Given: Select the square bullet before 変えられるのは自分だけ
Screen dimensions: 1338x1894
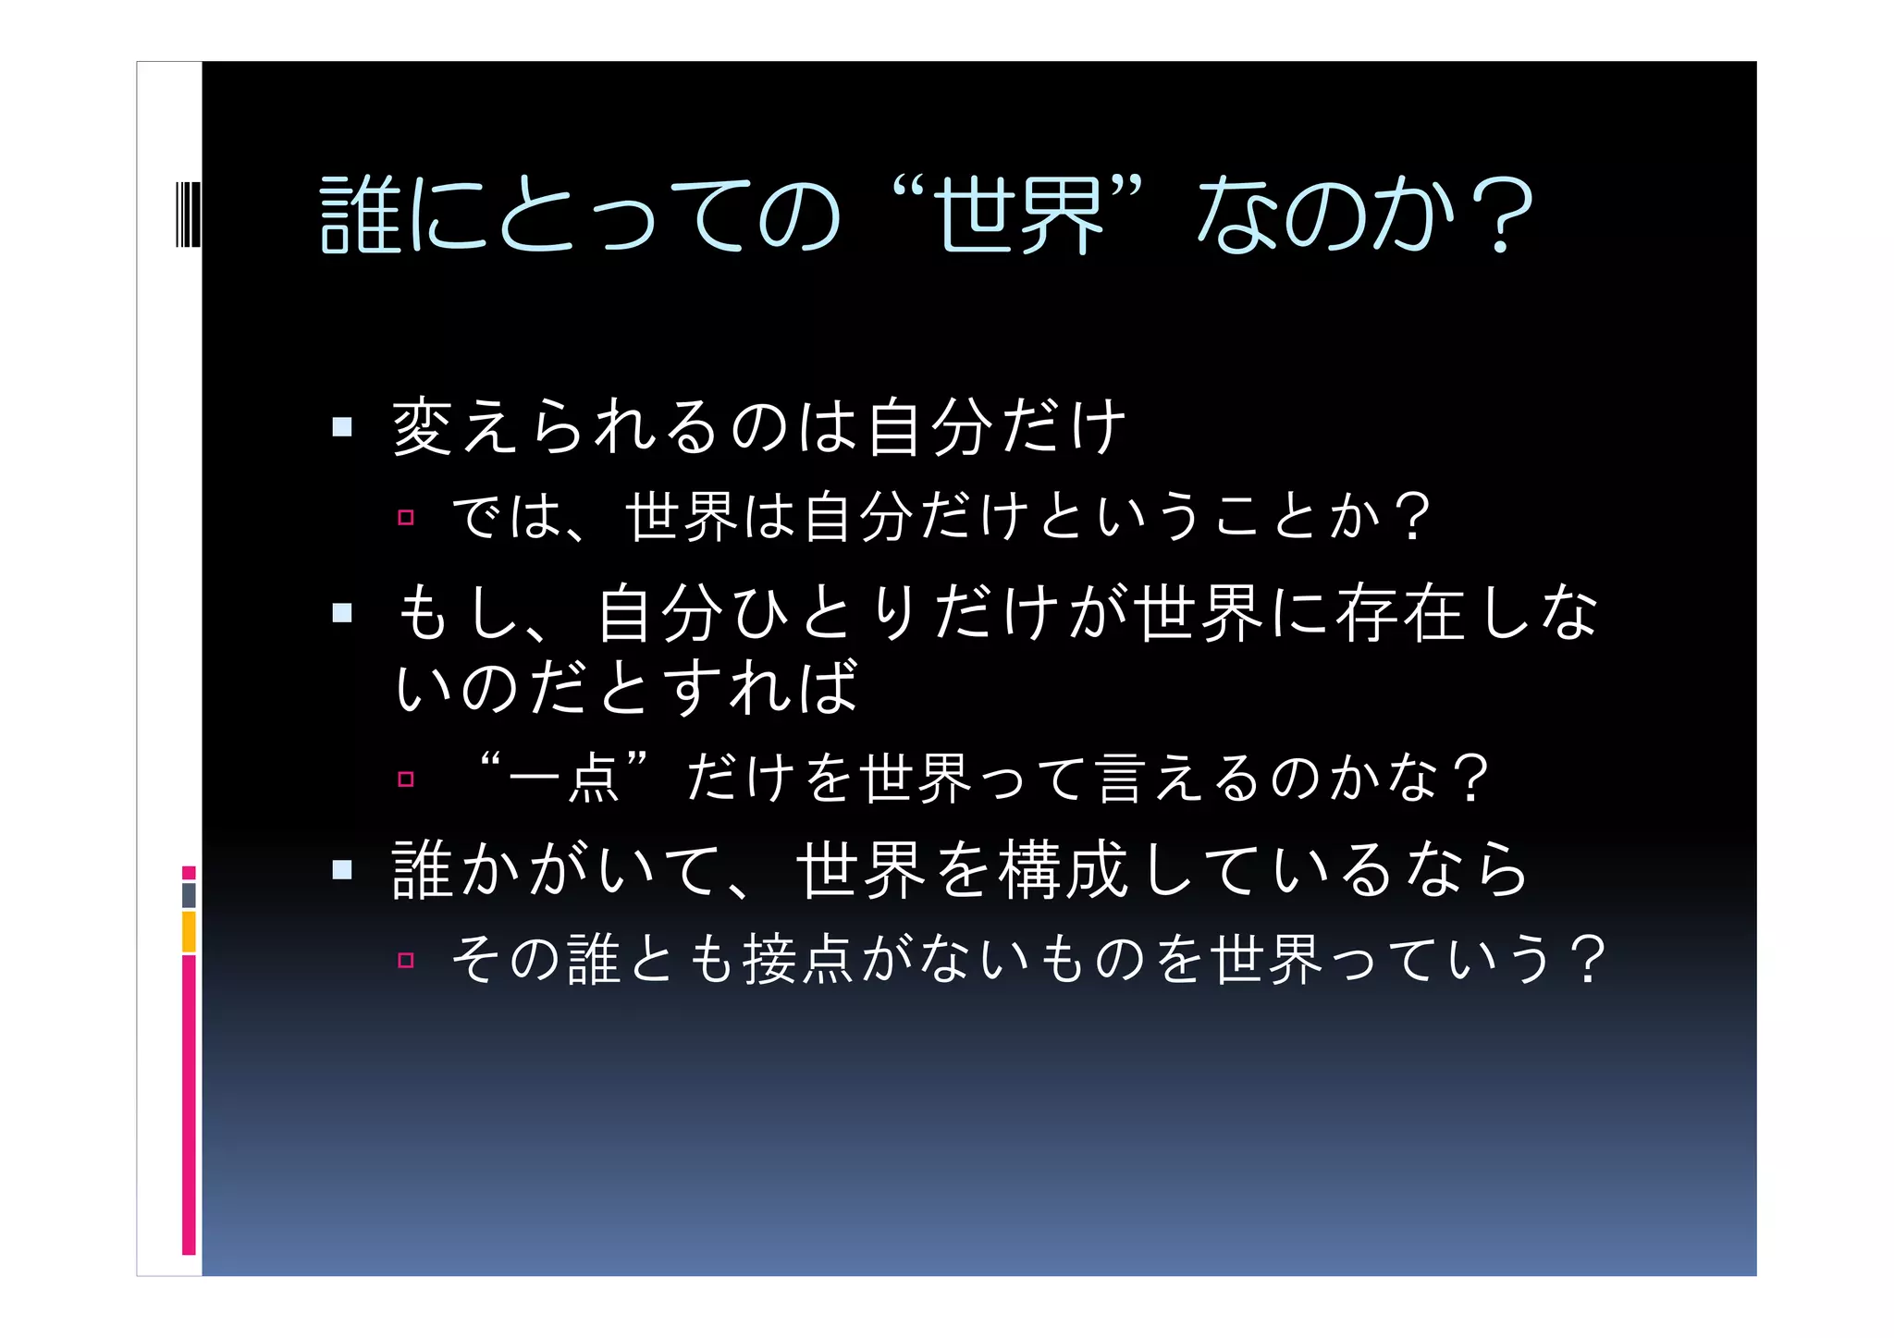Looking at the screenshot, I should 342,427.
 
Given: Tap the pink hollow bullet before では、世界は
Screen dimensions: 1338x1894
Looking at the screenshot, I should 405,518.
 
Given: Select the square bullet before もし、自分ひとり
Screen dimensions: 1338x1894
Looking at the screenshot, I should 342,613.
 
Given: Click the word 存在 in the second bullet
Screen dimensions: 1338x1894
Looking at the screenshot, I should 1399,613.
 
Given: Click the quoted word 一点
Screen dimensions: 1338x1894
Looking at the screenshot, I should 564,778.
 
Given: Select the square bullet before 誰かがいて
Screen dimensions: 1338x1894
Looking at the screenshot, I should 342,870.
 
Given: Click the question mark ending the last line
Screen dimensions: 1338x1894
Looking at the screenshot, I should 1587,960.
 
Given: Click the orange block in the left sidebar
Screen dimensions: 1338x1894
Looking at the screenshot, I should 189,931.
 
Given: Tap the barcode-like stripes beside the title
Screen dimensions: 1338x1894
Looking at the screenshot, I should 188,215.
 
